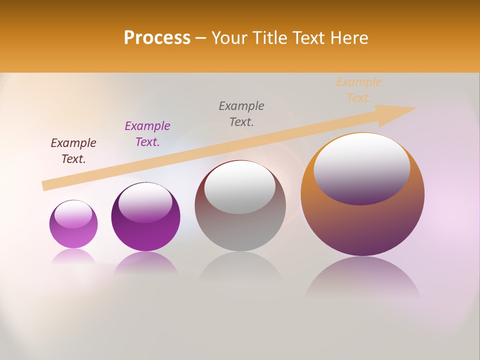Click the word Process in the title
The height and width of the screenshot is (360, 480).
point(157,38)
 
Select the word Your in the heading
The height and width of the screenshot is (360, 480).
point(230,38)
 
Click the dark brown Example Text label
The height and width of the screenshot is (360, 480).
point(73,151)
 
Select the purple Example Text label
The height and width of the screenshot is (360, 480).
point(147,134)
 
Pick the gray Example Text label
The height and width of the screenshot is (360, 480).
point(241,114)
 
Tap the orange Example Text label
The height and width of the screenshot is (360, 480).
point(359,90)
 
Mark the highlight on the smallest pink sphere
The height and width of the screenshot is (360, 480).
point(73,214)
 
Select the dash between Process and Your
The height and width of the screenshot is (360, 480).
point(201,38)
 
